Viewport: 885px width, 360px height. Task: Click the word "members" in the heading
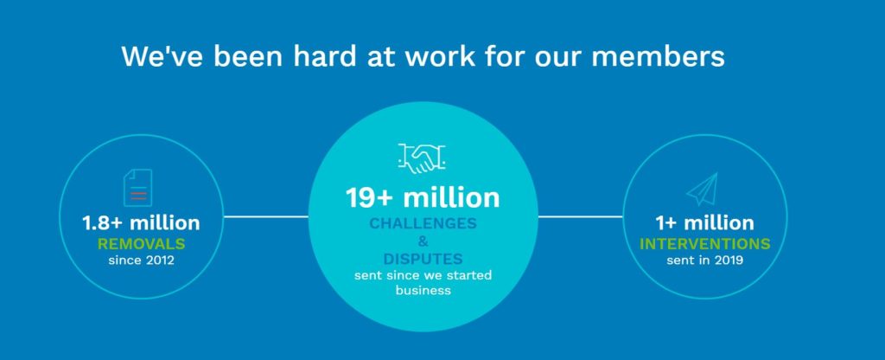(x=658, y=56)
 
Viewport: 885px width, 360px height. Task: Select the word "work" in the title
(x=441, y=56)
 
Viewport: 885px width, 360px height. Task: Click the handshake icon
(x=422, y=158)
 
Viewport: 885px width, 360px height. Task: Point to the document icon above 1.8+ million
(x=137, y=188)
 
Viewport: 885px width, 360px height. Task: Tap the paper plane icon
(x=702, y=190)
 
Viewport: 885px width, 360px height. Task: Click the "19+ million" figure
(x=422, y=198)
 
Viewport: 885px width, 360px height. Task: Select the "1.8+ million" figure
(x=141, y=222)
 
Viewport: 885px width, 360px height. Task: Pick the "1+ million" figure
(x=704, y=222)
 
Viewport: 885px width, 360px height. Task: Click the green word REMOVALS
(x=141, y=244)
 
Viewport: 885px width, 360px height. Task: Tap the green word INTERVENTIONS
(x=704, y=244)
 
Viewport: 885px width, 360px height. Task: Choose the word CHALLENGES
(x=423, y=224)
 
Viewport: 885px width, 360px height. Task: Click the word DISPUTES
(x=423, y=260)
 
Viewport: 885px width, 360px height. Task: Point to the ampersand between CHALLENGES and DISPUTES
(x=423, y=242)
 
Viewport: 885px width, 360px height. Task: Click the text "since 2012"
(x=141, y=260)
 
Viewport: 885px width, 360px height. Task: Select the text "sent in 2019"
(x=704, y=260)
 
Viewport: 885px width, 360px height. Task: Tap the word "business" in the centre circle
(x=423, y=291)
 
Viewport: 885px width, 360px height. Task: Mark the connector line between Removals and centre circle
(x=266, y=216)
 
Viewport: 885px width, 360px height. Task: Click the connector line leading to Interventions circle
(x=580, y=216)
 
